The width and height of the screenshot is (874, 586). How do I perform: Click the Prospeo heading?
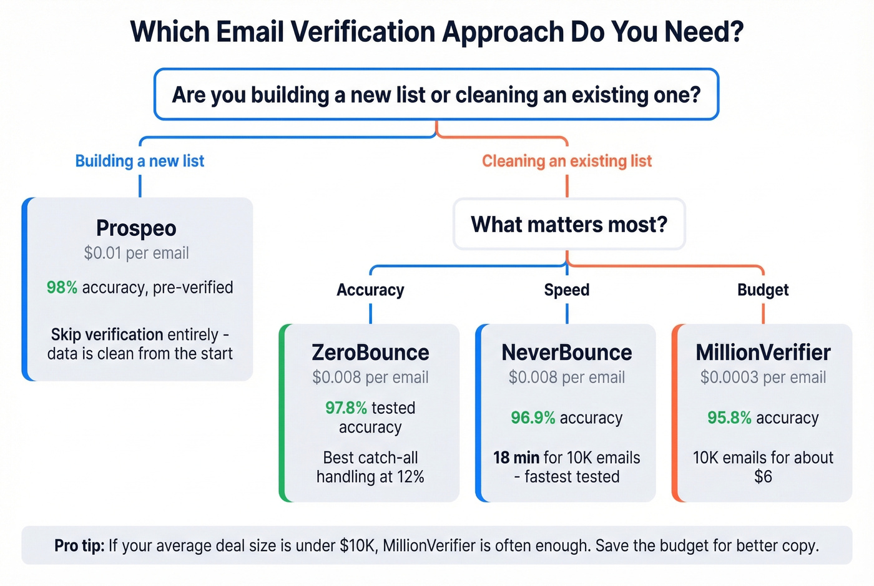[x=136, y=228]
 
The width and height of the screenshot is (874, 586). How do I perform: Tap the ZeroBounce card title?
[x=370, y=353]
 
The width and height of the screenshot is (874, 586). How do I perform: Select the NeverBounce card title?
[x=566, y=353]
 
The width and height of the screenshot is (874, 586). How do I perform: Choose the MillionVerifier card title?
[x=763, y=353]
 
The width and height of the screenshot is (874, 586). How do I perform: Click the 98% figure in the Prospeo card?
[x=62, y=288]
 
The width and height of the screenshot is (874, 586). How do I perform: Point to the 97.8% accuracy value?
[x=346, y=408]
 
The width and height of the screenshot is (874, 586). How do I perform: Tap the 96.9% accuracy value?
[x=533, y=418]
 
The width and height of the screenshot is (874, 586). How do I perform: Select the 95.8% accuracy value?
[x=729, y=418]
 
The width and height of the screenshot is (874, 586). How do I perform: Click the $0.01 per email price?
[x=136, y=253]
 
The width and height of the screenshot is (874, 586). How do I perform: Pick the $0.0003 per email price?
[x=763, y=378]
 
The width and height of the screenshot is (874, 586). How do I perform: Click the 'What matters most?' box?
[x=569, y=224]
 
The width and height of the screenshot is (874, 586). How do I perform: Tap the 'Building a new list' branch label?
[x=140, y=161]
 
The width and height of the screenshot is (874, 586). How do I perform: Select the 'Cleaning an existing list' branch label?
[x=566, y=161]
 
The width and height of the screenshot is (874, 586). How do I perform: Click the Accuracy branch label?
[x=370, y=290]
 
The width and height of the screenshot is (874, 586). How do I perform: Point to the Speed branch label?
[x=566, y=290]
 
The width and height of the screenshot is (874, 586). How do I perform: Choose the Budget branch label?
[x=763, y=290]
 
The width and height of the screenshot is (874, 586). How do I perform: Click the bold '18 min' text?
[x=516, y=458]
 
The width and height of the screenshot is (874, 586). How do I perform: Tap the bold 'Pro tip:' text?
[x=79, y=546]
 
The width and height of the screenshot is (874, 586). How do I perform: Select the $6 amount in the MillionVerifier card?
[x=763, y=477]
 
